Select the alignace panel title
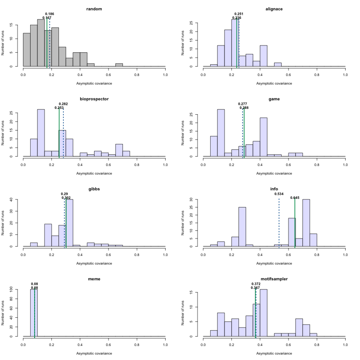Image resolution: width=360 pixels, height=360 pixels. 274,9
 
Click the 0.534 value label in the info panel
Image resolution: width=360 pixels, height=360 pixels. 279,193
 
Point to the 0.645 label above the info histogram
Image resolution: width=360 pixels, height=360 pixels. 295,198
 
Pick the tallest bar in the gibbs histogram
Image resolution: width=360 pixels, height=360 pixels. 69,223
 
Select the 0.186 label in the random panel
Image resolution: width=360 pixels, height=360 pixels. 49,14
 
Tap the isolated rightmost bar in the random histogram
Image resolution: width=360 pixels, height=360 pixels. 119,65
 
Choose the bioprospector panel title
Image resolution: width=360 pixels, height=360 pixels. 94,99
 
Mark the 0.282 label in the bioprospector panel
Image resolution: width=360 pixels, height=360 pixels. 63,104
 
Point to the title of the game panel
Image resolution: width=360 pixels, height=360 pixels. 274,99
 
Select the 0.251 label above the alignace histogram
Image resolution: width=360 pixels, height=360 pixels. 239,14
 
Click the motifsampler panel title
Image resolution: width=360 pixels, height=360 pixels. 274,279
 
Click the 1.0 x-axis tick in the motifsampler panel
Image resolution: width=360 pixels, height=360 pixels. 345,345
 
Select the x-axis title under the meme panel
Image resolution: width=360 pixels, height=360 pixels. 94,353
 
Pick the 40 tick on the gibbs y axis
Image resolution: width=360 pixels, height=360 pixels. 18,199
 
